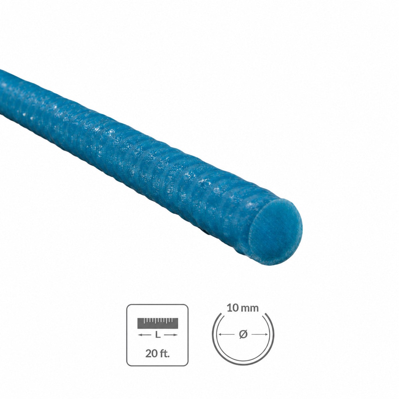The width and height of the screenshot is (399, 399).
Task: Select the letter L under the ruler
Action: point(158,335)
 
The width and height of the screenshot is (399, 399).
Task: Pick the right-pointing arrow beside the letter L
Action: point(171,335)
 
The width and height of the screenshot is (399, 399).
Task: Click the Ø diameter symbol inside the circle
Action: point(243,334)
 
